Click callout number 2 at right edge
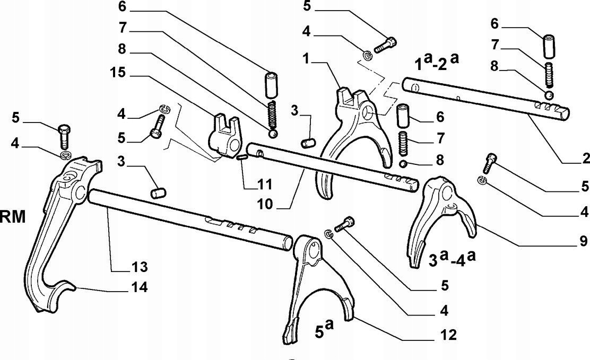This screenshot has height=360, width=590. pos(584,159)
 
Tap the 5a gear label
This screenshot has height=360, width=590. pos(324,332)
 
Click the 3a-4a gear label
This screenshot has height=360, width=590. pos(453,259)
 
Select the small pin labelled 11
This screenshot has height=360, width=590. pos(242,156)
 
